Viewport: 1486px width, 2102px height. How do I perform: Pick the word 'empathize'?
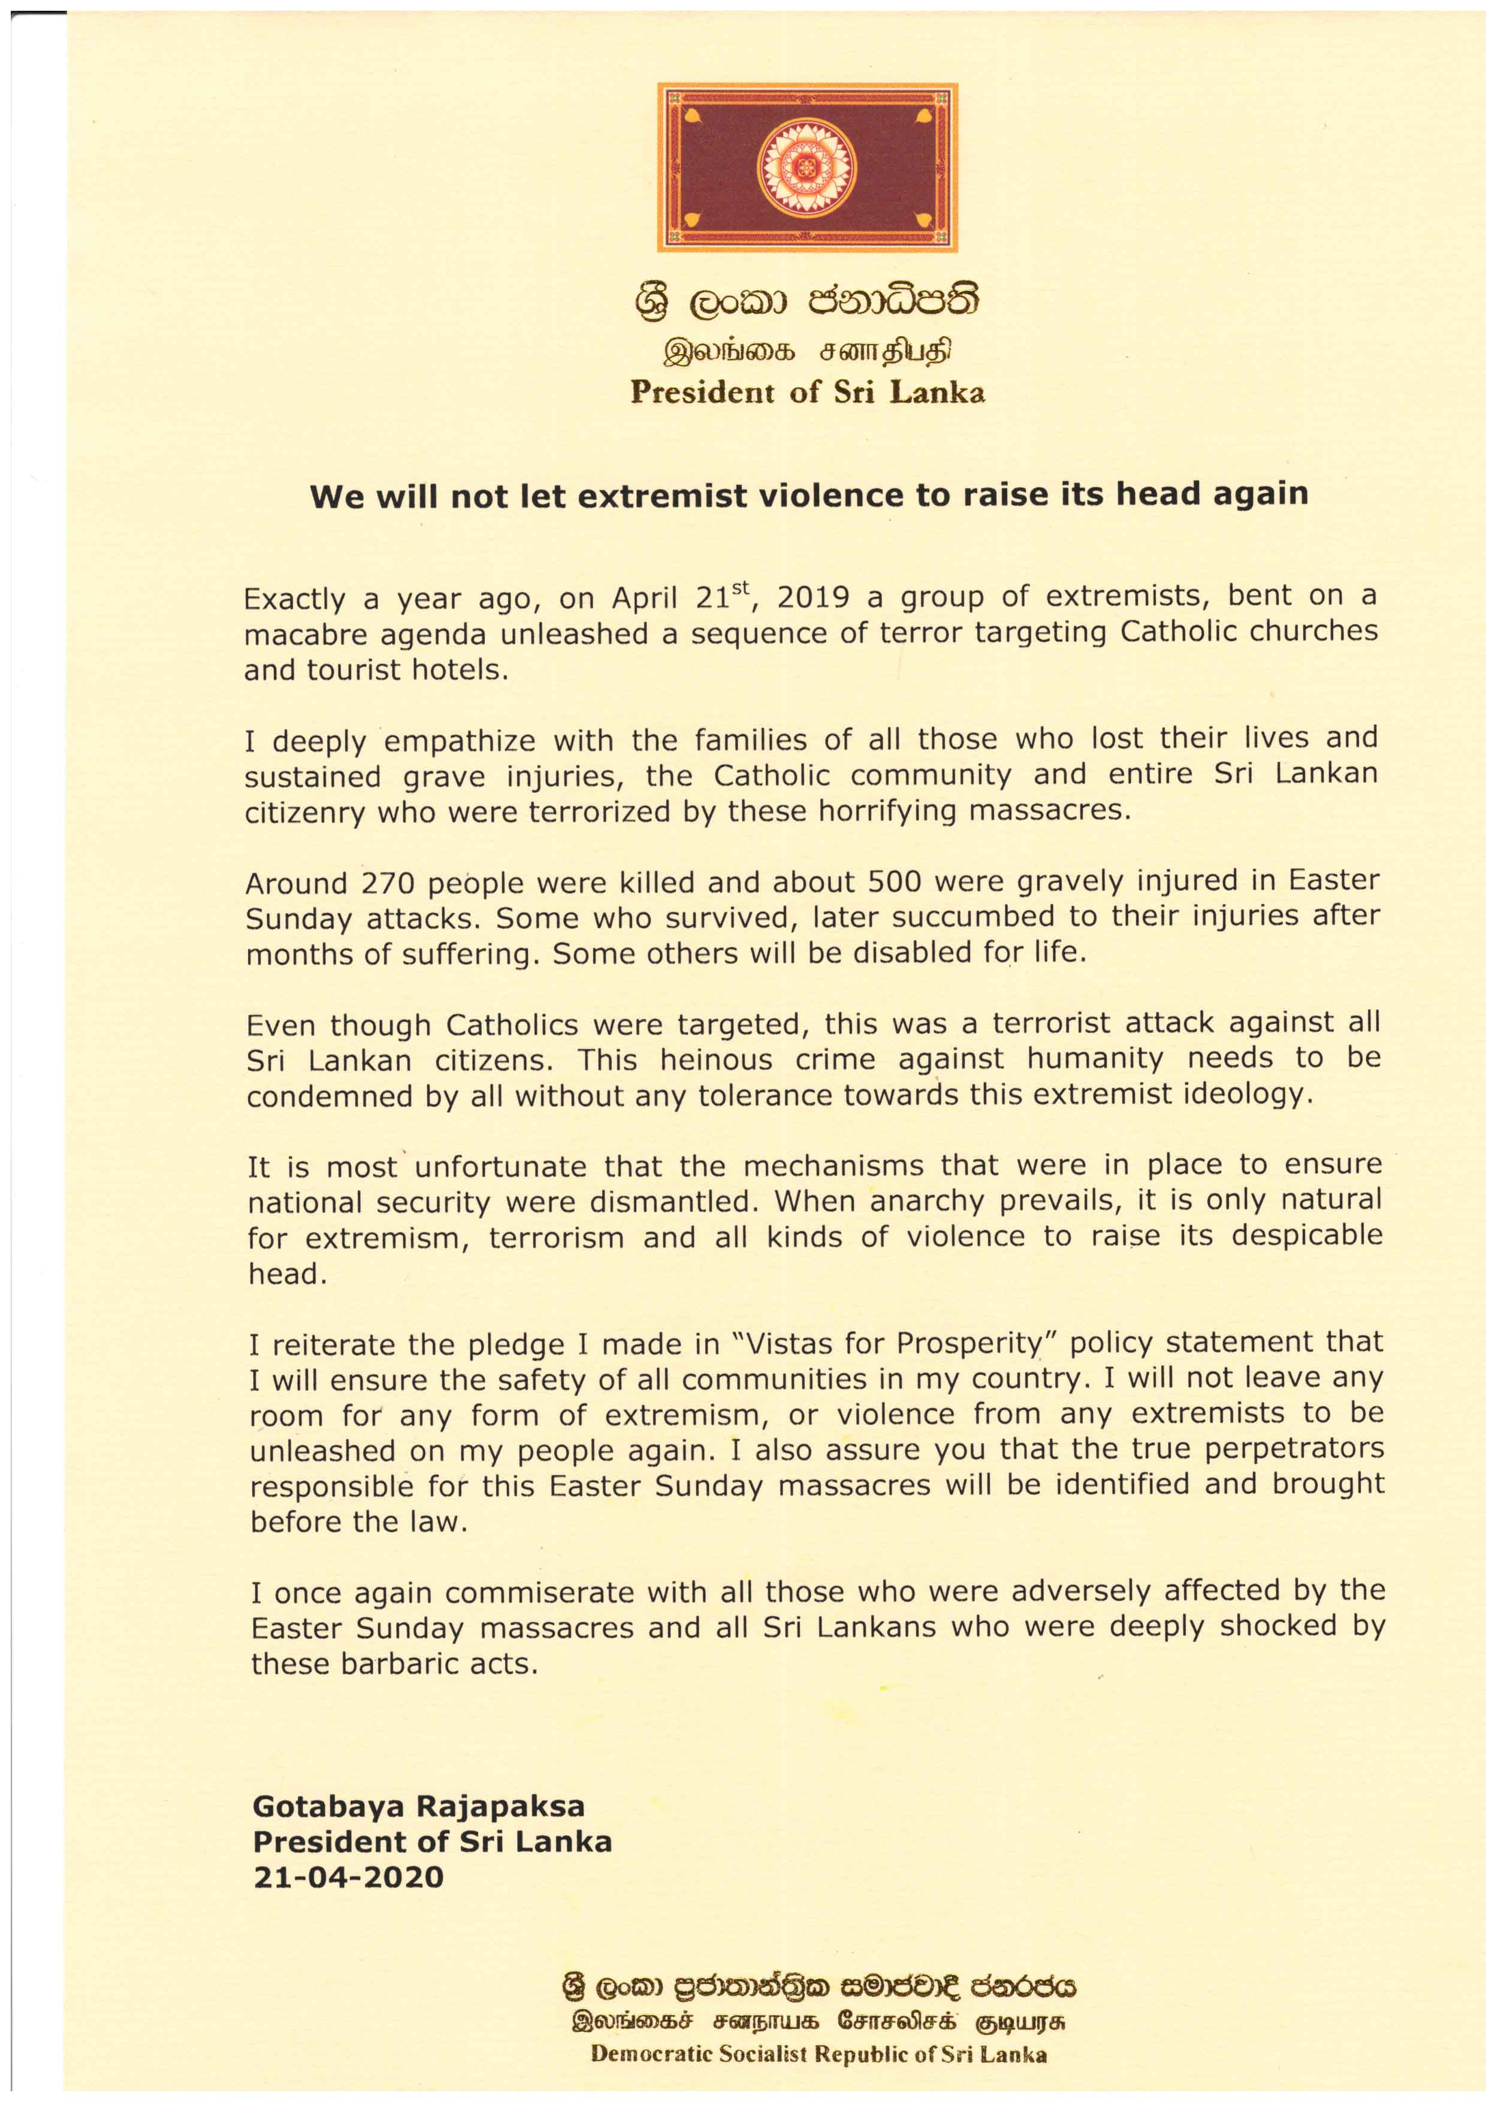click(x=461, y=740)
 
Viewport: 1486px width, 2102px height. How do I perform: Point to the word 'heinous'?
click(x=717, y=1059)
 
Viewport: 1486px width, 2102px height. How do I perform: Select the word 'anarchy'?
click(x=926, y=1201)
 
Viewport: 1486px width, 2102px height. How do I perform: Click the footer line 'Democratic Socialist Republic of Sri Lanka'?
click(x=818, y=2053)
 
